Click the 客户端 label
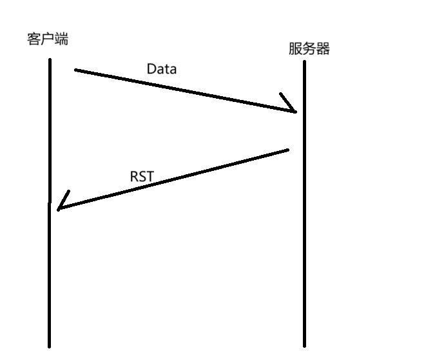pyautogui.click(x=47, y=39)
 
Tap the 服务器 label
pyautogui.click(x=309, y=49)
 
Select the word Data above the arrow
pyautogui.click(x=161, y=68)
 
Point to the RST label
pyautogui.click(x=142, y=176)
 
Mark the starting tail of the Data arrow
pyautogui.click(x=75, y=70)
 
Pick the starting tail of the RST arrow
pyautogui.click(x=287, y=150)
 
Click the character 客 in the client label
pyautogui.click(x=34, y=39)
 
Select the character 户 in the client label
pyautogui.click(x=47, y=39)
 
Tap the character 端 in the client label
pyautogui.click(x=61, y=39)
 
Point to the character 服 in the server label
pyautogui.click(x=296, y=49)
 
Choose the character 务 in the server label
pyautogui.click(x=309, y=49)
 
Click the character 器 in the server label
pyautogui.click(x=323, y=49)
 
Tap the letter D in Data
pyautogui.click(x=152, y=68)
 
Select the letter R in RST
pyautogui.click(x=134, y=176)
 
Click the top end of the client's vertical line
pyautogui.click(x=49, y=60)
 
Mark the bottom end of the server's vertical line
pyautogui.click(x=304, y=345)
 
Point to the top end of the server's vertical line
pyautogui.click(x=304, y=62)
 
